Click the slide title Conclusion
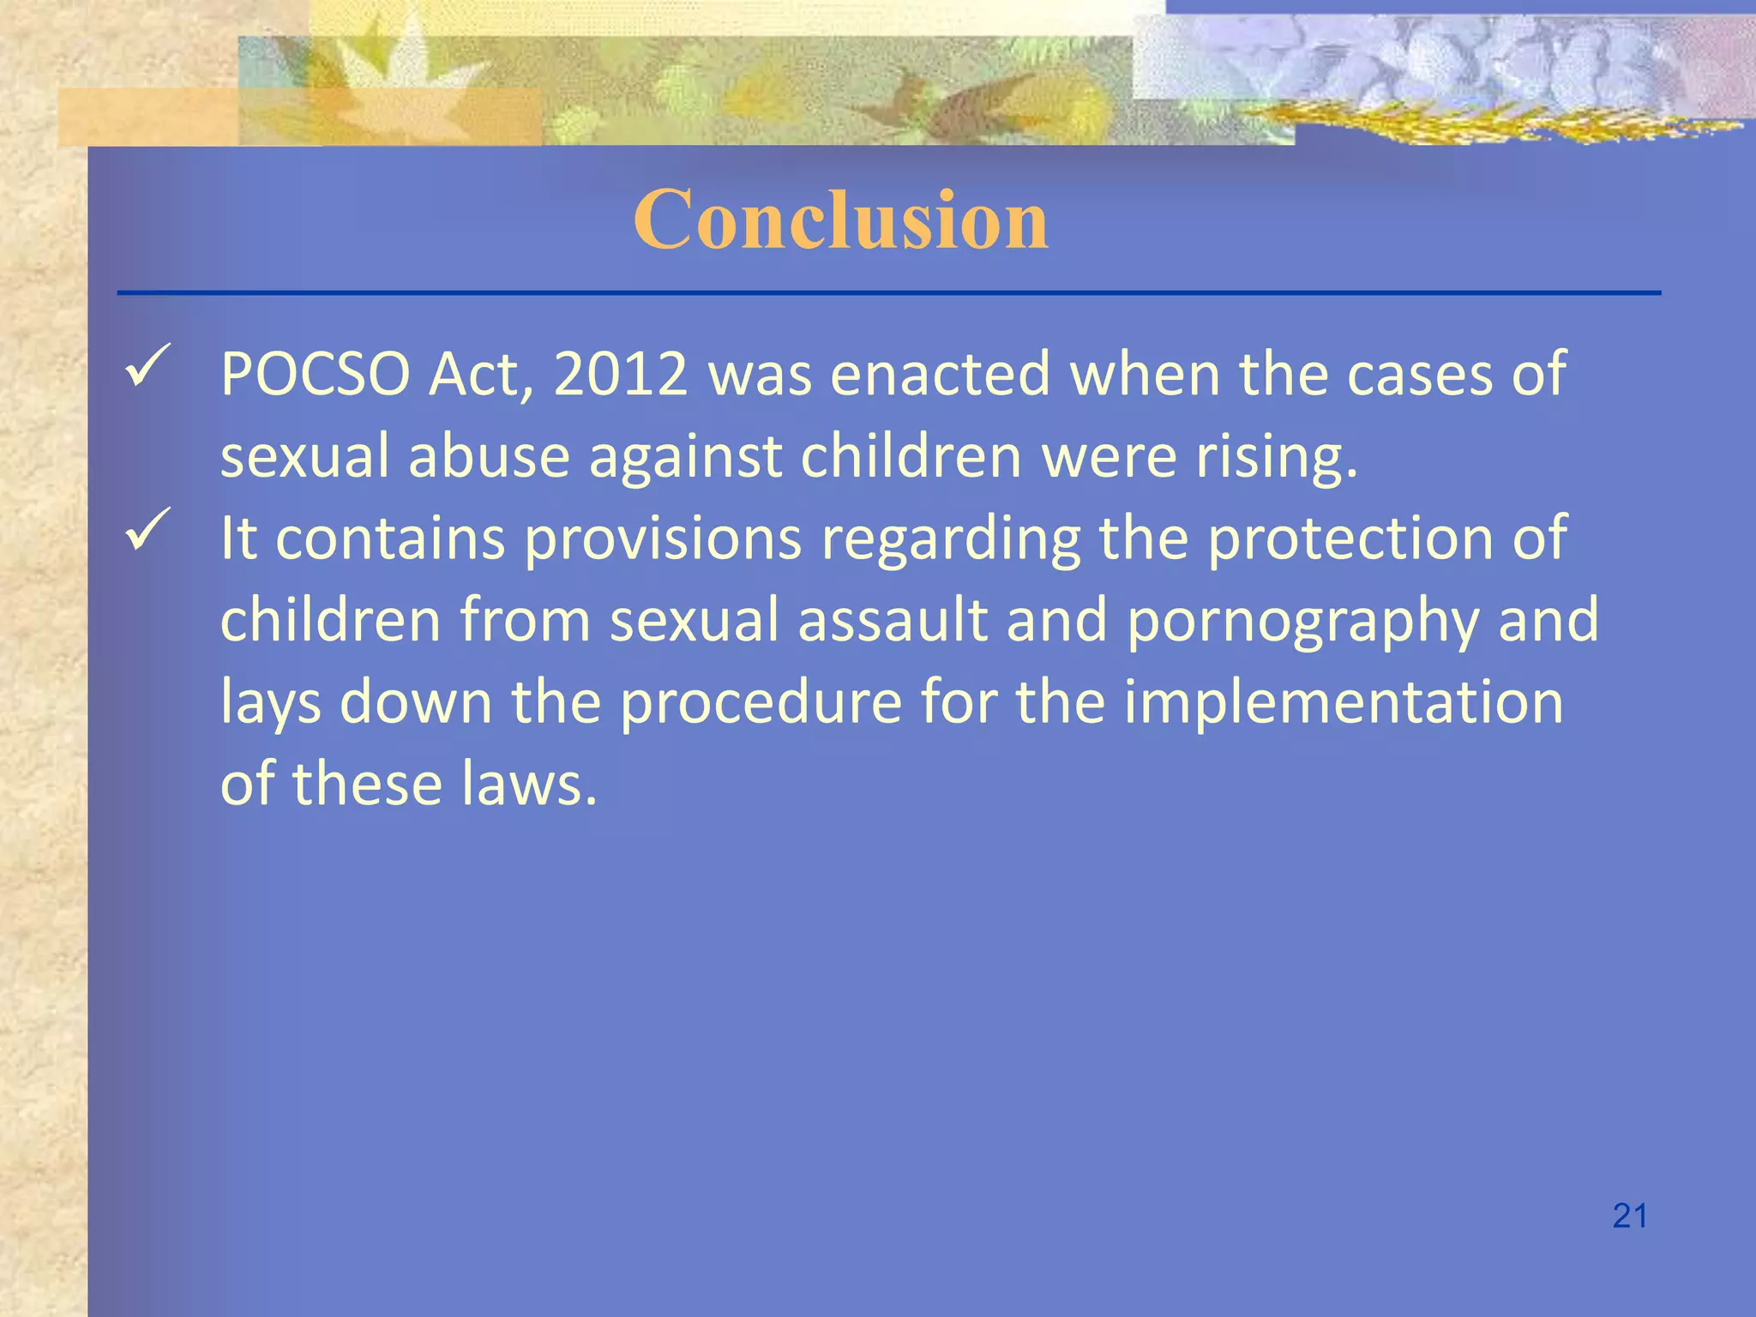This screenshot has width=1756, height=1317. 840,220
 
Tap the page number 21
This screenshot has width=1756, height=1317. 1629,1216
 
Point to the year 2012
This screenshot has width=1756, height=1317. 621,375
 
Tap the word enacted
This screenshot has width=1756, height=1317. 940,375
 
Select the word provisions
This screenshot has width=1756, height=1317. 663,539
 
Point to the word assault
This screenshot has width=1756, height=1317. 893,621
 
